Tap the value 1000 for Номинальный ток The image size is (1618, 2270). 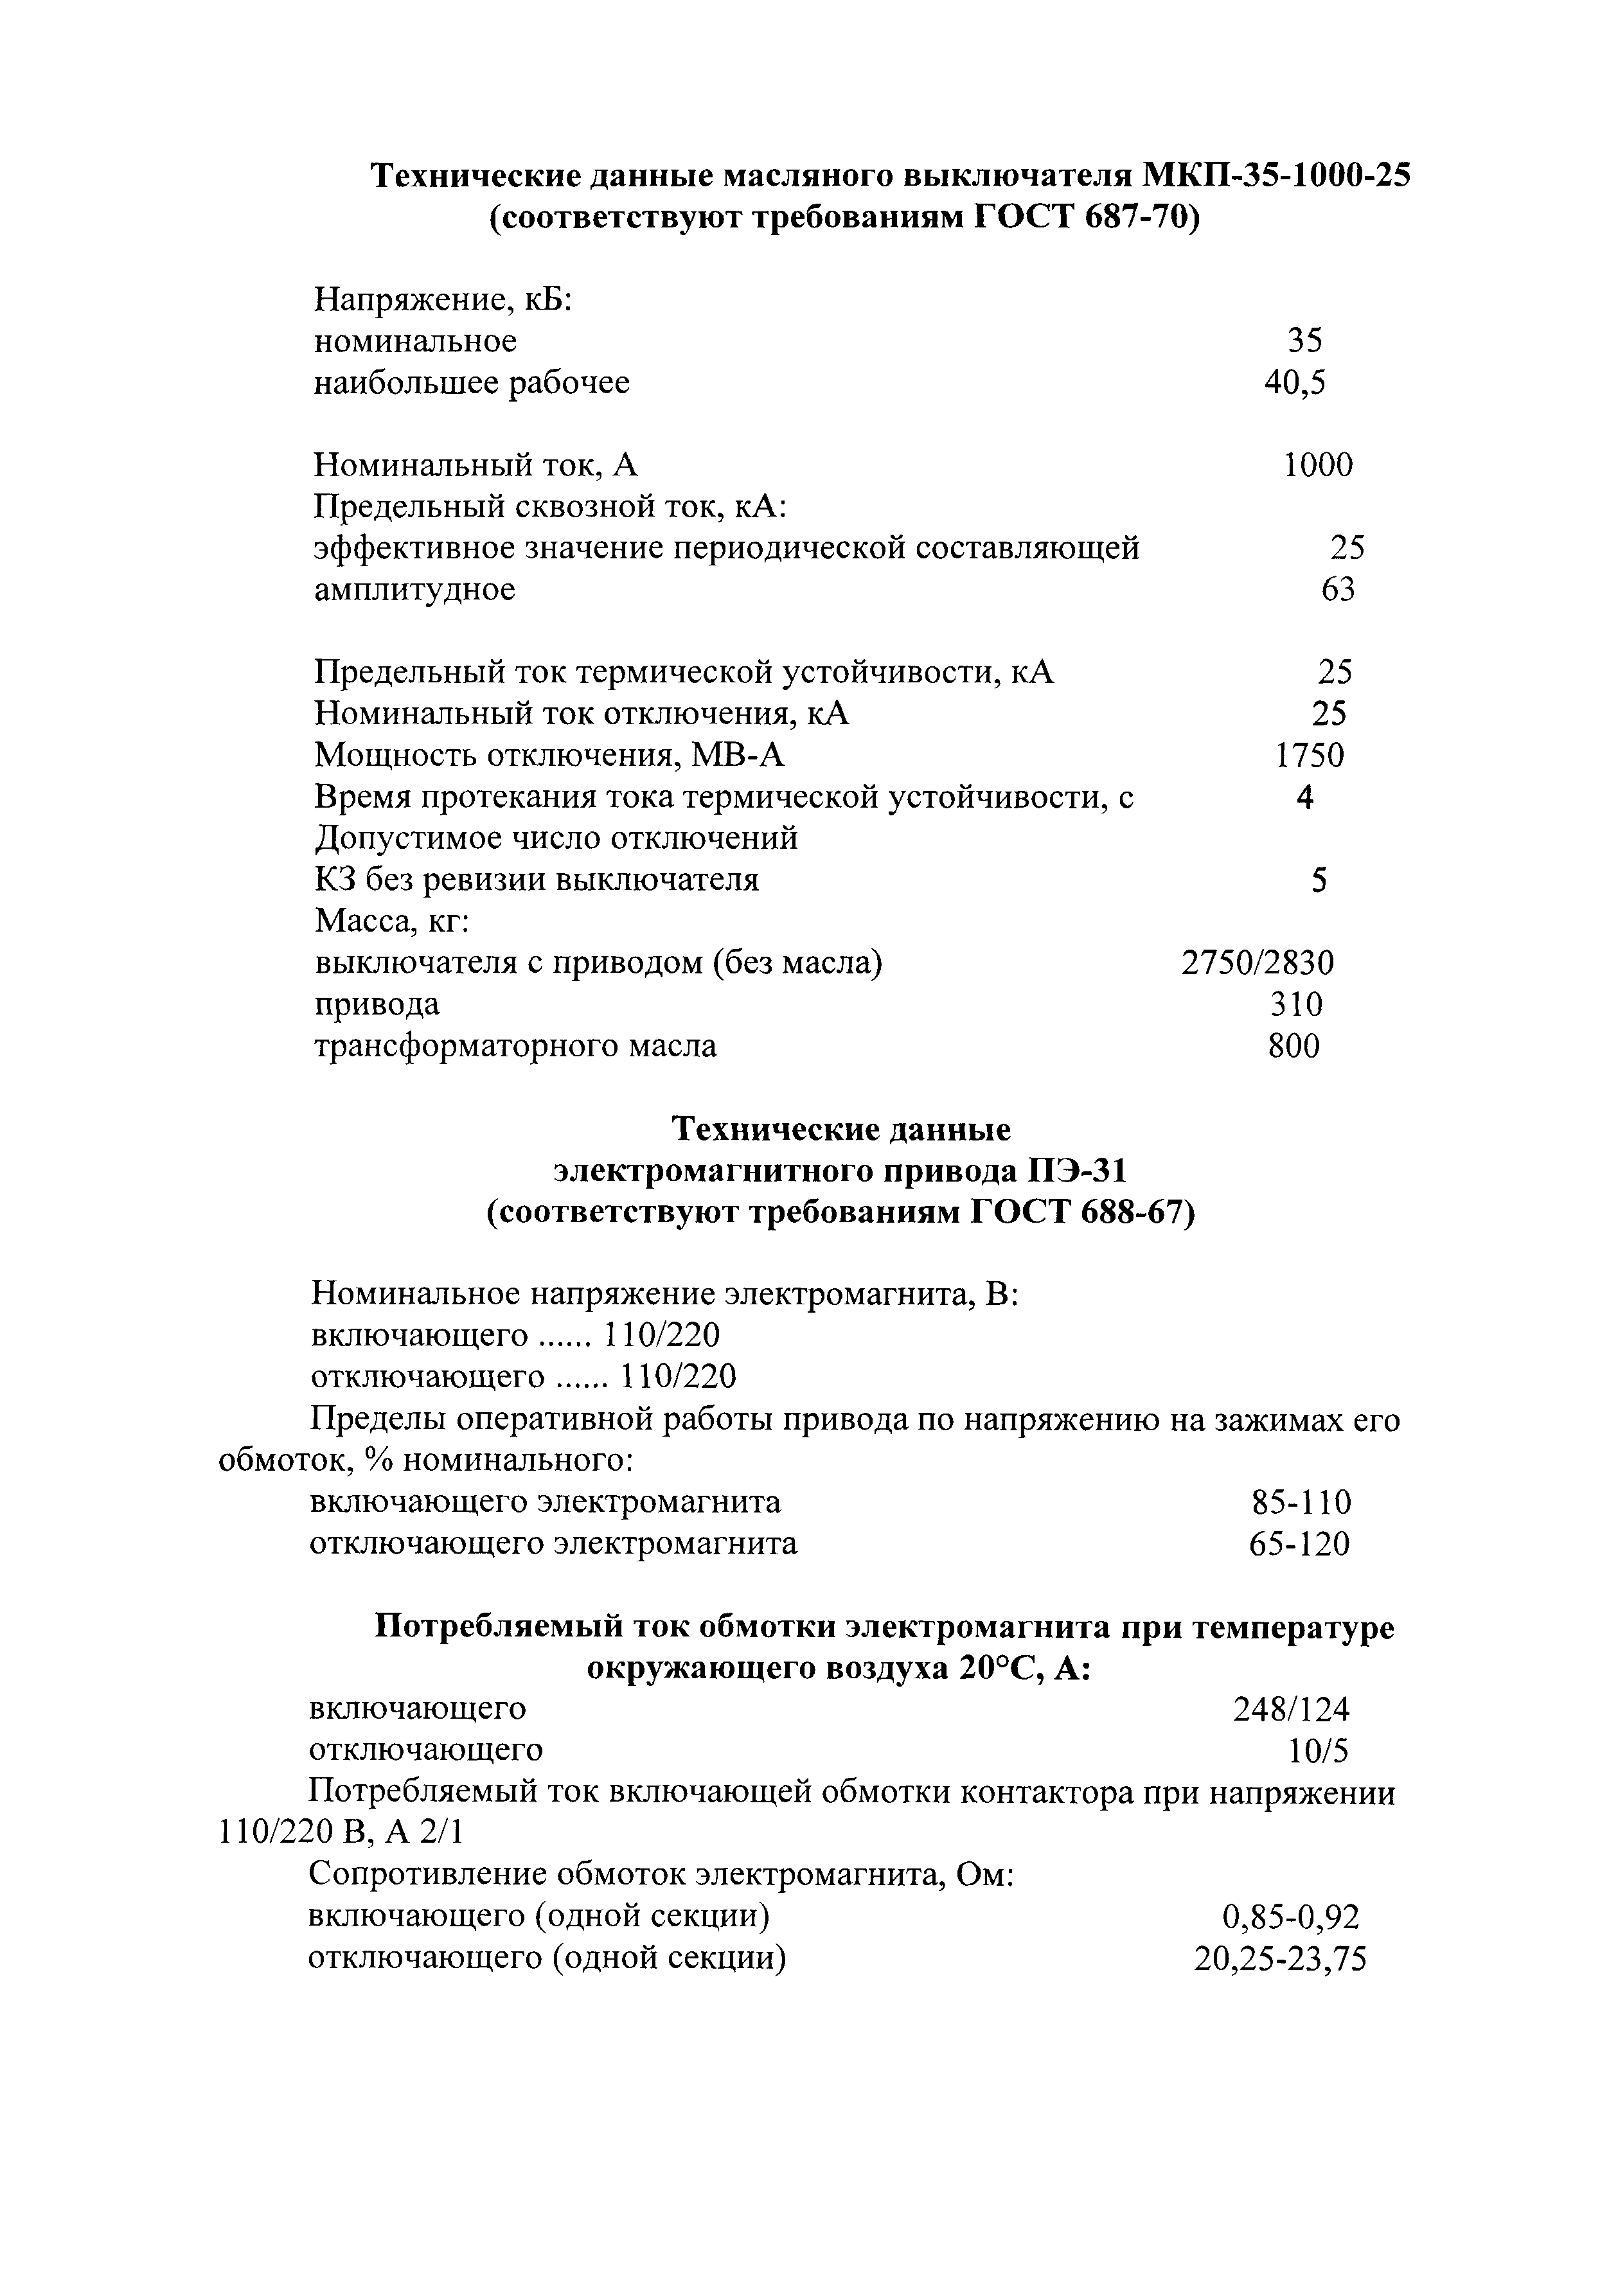1318,465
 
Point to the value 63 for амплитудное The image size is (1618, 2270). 1338,590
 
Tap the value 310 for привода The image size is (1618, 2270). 1296,1004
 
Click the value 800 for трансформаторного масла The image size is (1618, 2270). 1294,1046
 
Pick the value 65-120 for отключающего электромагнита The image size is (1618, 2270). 1299,1544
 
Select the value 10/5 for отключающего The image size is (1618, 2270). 1319,1751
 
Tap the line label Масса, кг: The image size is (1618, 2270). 391,921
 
